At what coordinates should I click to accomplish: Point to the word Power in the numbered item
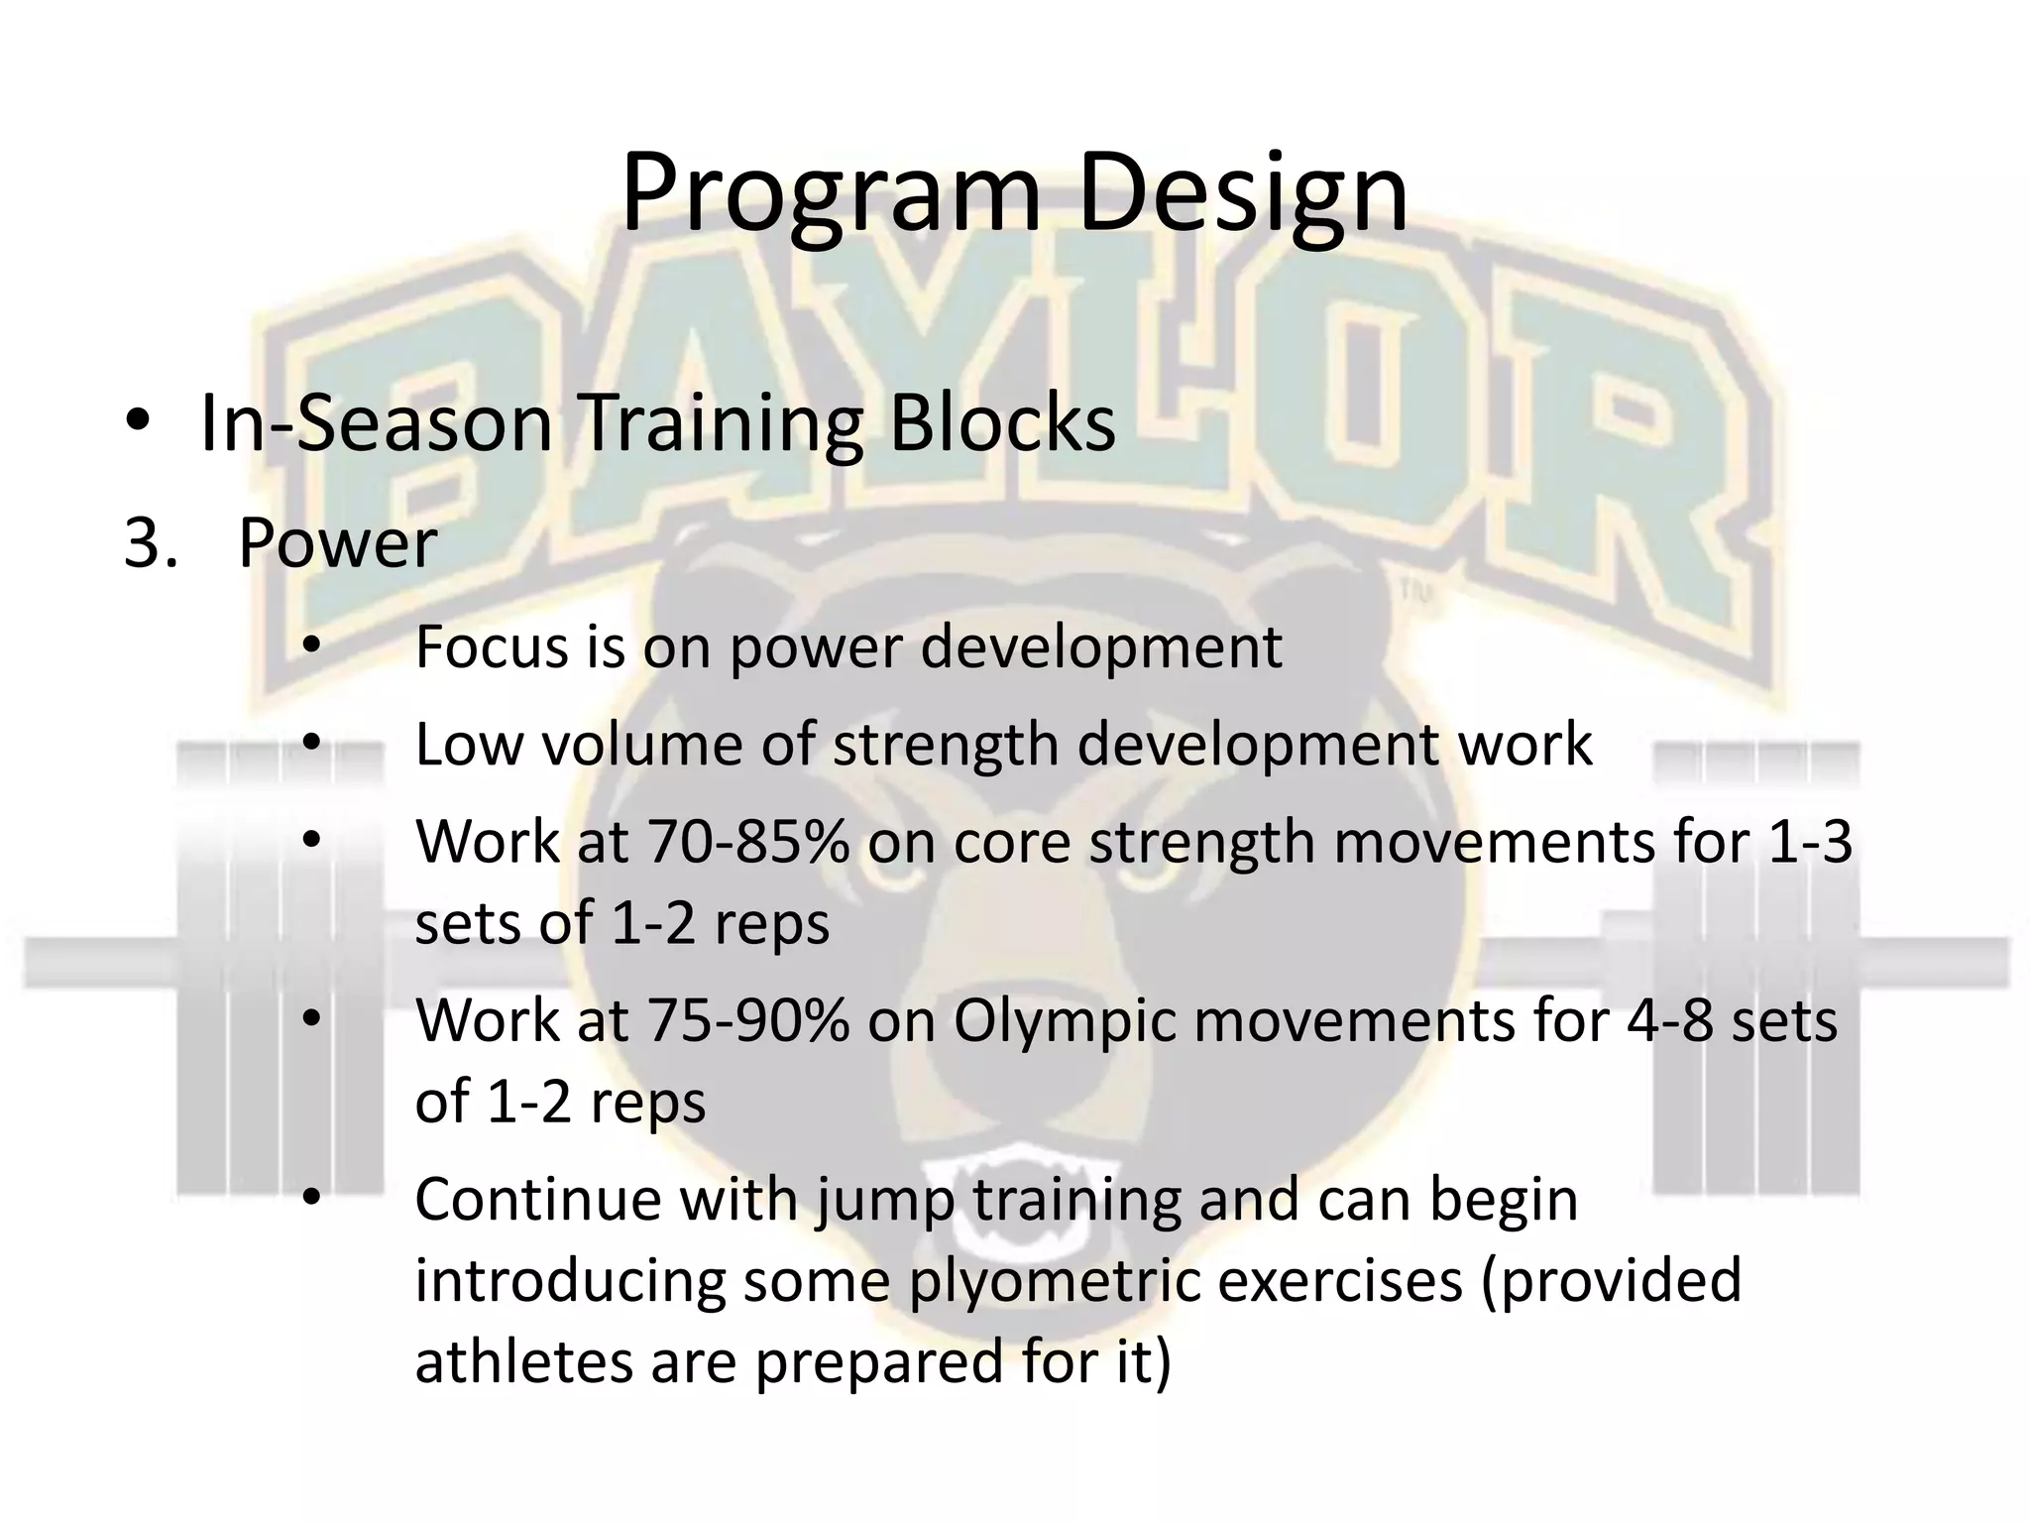(x=337, y=543)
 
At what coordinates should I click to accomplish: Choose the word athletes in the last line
(x=522, y=1361)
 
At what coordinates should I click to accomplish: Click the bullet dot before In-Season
(x=138, y=424)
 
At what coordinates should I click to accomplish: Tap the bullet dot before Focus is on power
(x=312, y=647)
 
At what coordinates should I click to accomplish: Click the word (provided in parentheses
(x=1611, y=1281)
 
